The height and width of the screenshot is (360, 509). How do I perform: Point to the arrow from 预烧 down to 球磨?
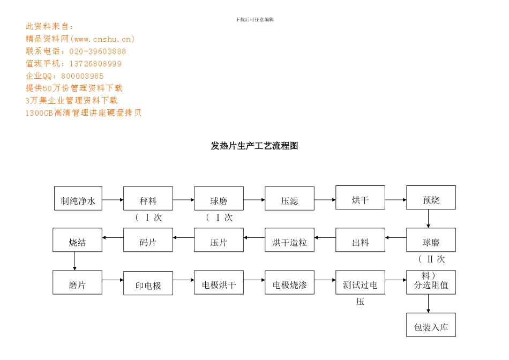click(x=428, y=219)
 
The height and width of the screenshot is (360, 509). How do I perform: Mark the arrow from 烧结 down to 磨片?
click(x=74, y=261)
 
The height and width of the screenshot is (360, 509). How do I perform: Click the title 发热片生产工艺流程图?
click(x=254, y=146)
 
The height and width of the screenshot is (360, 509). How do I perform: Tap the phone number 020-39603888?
click(x=98, y=51)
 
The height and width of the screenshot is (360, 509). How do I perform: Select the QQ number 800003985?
click(x=83, y=76)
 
